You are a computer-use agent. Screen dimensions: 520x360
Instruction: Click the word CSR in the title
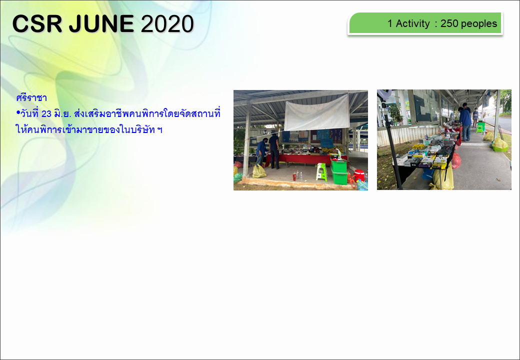pos(37,24)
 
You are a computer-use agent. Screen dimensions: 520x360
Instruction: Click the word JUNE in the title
pos(101,24)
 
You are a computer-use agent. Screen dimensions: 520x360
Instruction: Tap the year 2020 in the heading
pos(167,24)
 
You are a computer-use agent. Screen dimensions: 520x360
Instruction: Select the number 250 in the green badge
pos(449,23)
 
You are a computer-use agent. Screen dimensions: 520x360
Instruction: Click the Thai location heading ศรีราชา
pos(31,98)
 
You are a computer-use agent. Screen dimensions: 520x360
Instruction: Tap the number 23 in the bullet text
pos(46,113)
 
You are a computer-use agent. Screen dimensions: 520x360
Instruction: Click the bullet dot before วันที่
pos(18,113)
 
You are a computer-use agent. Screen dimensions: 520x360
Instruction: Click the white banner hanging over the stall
pos(316,112)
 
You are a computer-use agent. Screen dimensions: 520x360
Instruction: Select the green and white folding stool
pos(321,171)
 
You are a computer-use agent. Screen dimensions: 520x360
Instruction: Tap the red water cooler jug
pos(359,175)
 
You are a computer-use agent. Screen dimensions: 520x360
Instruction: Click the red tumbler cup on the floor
pos(294,176)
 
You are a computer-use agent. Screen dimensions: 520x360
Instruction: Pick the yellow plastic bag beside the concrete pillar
pos(259,171)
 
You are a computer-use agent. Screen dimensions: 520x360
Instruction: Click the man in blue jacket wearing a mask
pos(261,152)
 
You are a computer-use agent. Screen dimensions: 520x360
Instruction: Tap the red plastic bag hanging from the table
pos(456,160)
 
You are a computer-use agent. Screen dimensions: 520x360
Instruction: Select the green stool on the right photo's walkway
pos(479,128)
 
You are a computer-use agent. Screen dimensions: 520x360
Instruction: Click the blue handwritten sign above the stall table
pos(326,143)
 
